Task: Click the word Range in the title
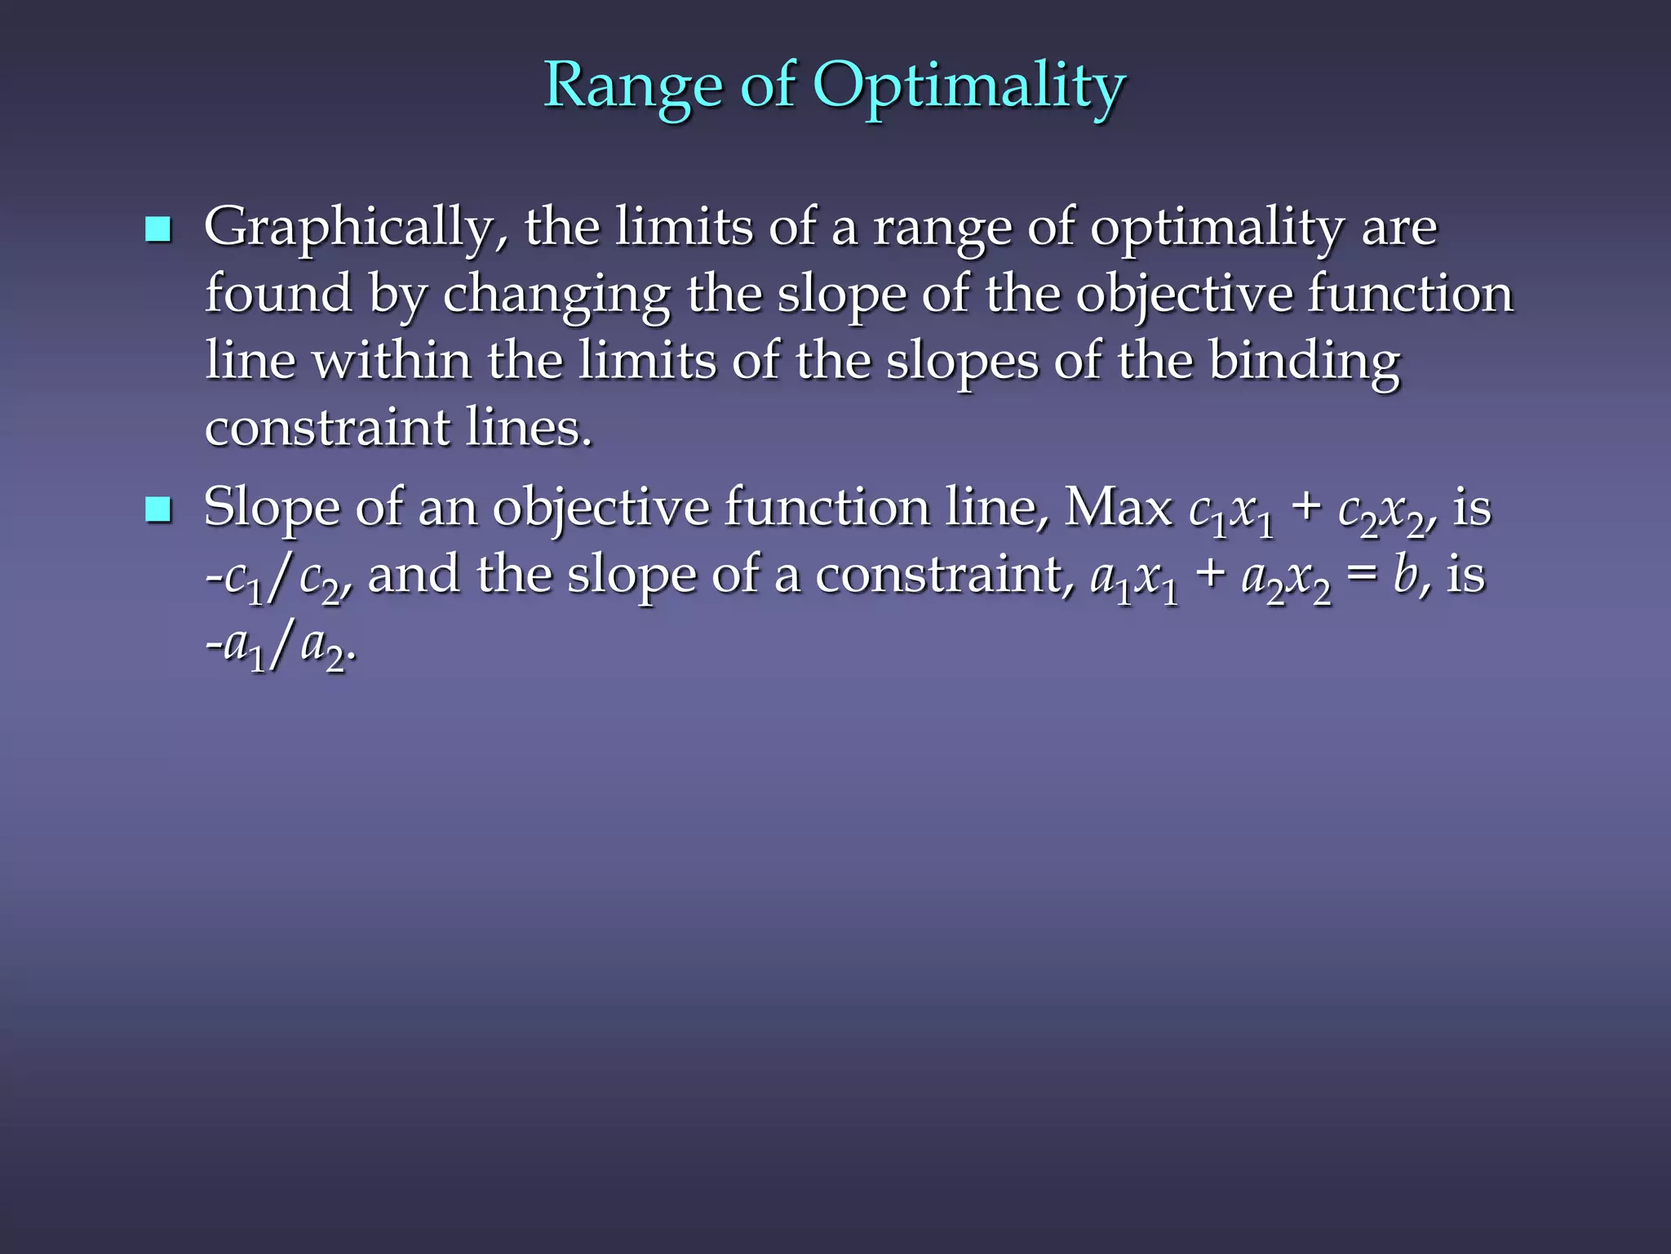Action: click(633, 85)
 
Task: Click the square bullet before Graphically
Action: click(157, 229)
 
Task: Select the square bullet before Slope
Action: click(157, 510)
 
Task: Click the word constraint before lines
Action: click(326, 427)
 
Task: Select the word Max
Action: click(1118, 509)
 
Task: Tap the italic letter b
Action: click(1405, 574)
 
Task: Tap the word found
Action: click(277, 293)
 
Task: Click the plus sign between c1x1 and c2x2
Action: click(1306, 509)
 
